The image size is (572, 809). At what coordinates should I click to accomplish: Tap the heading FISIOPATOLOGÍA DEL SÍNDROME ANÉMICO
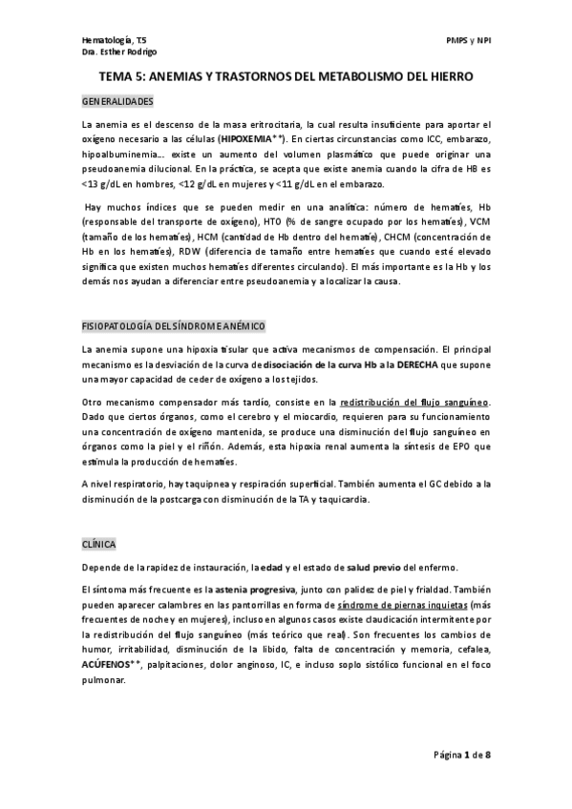(x=173, y=325)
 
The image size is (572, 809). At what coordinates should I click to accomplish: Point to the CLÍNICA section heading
(x=98, y=544)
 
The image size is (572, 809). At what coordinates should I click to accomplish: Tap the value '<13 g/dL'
(x=102, y=182)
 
